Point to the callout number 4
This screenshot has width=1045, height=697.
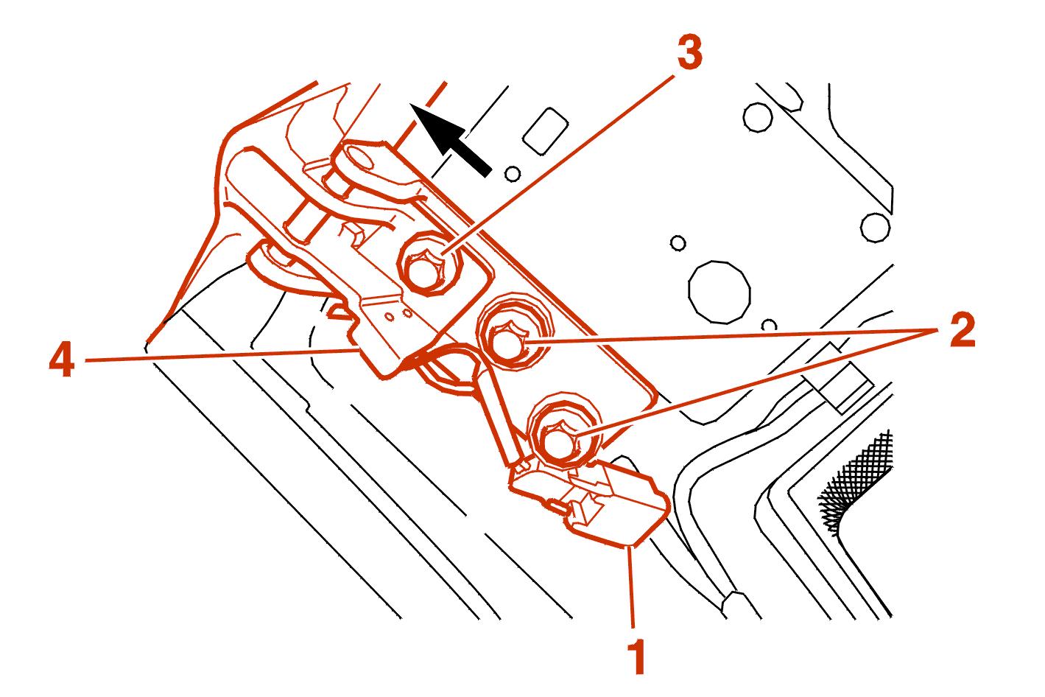pyautogui.click(x=62, y=359)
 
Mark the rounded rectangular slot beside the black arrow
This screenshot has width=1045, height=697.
pyautogui.click(x=546, y=132)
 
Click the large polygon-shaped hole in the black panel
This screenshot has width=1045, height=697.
pyautogui.click(x=719, y=293)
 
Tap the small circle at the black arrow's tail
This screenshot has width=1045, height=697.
pyautogui.click(x=513, y=174)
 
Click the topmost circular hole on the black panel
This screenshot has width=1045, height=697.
pyautogui.click(x=757, y=118)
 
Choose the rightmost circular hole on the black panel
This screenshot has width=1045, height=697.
pyautogui.click(x=875, y=228)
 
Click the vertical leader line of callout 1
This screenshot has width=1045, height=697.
pyautogui.click(x=630, y=586)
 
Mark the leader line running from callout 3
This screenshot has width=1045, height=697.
pyautogui.click(x=557, y=165)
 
